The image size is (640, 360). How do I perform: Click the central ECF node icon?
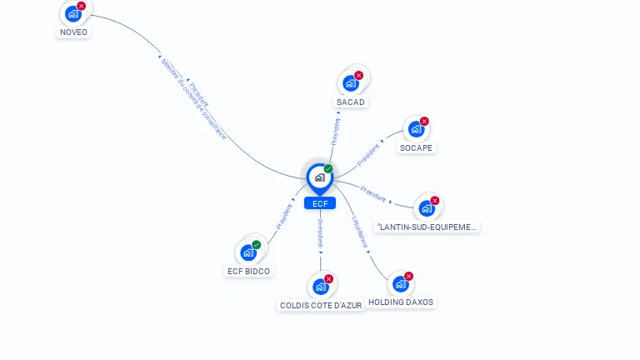point(319,177)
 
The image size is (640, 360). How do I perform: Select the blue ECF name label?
point(319,203)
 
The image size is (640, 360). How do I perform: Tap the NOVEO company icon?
point(73,13)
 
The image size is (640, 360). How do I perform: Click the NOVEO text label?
point(73,32)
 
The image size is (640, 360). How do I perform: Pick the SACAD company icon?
point(351,82)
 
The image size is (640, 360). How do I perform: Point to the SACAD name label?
point(351,102)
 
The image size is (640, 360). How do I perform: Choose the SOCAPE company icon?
point(416,129)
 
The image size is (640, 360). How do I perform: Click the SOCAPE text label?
point(416,148)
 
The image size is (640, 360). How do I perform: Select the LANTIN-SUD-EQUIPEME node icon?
point(427,207)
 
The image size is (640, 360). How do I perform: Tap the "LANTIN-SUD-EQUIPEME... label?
point(427,227)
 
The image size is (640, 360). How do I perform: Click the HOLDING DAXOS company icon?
point(401,283)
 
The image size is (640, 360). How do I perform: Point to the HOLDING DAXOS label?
point(401,302)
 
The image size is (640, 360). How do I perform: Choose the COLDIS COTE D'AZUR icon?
point(321,287)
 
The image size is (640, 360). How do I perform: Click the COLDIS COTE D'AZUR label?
point(321,306)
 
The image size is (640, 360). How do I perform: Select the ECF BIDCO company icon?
point(248,252)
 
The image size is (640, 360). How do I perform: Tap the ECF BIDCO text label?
point(249,272)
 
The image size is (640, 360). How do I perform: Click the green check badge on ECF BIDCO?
point(257,244)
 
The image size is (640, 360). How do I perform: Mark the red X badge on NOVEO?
point(81,6)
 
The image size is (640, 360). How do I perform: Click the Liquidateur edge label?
point(360,232)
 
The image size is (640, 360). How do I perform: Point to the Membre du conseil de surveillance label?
point(192,98)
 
